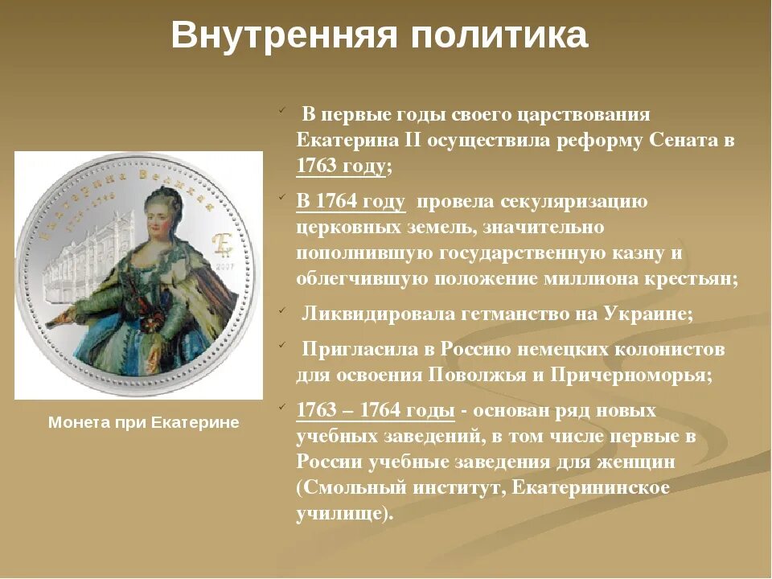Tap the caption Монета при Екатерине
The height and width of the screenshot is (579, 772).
[x=144, y=422]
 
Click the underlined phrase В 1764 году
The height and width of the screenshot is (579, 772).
[x=351, y=201]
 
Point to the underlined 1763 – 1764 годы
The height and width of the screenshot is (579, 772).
[x=376, y=410]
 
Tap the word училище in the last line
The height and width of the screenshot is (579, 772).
[x=341, y=513]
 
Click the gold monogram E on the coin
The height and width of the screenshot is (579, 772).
[x=221, y=244]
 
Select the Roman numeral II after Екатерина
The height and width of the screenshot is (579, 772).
[x=412, y=140]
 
